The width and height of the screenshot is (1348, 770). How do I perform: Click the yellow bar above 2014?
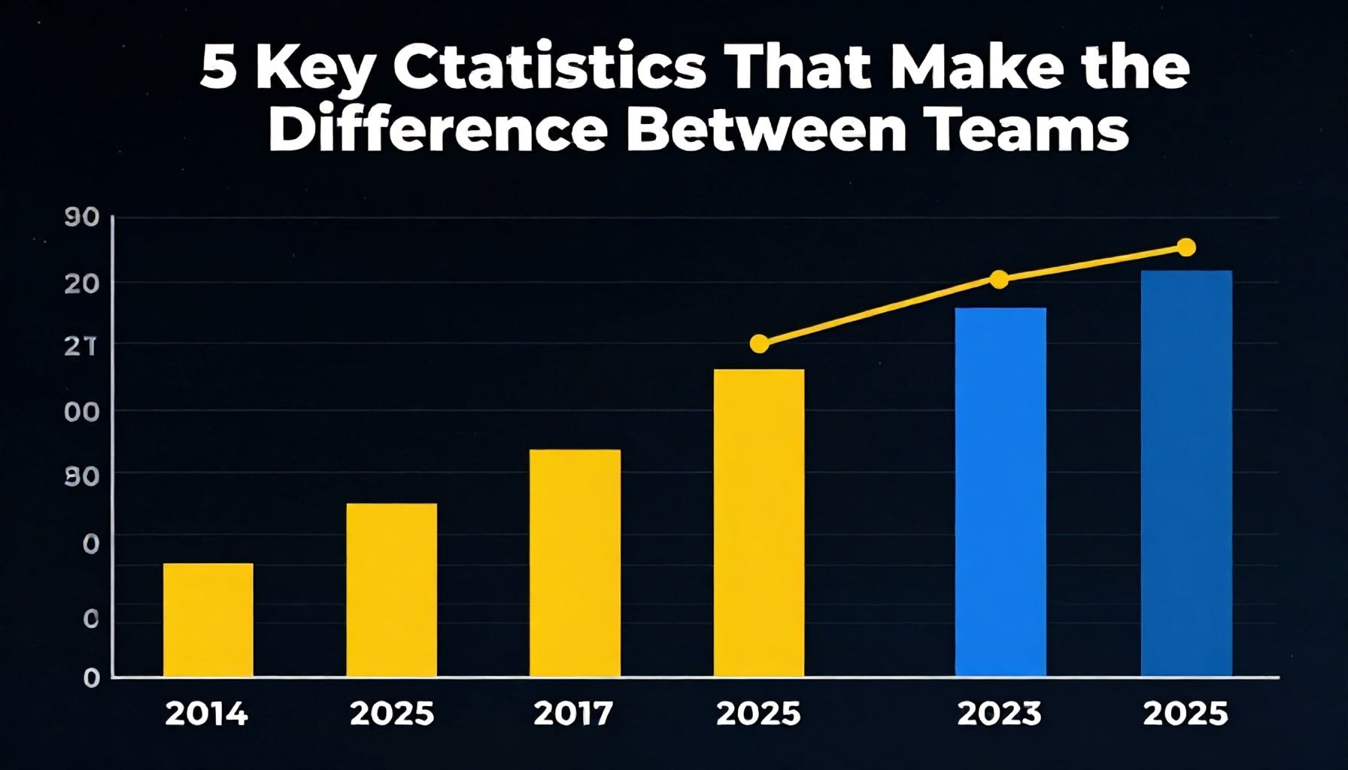tap(208, 620)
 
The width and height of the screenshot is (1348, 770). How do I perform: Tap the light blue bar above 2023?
tap(1000, 492)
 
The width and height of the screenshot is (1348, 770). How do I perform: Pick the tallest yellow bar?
tap(758, 523)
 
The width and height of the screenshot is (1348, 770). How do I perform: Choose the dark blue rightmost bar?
tap(1186, 473)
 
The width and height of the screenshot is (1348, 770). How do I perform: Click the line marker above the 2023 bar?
tap(999, 280)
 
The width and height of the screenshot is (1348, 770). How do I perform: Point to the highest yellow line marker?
tap(1186, 247)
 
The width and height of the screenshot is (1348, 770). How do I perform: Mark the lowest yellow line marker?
tap(760, 344)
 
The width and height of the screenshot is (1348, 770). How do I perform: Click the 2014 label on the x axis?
tap(206, 714)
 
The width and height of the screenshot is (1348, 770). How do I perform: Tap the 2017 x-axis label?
tap(573, 714)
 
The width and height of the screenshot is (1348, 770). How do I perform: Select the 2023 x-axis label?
tap(999, 714)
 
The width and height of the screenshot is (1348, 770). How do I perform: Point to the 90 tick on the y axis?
tap(82, 218)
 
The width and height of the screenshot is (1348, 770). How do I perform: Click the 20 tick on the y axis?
tap(82, 283)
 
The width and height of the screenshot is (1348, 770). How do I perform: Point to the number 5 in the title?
tap(218, 71)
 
